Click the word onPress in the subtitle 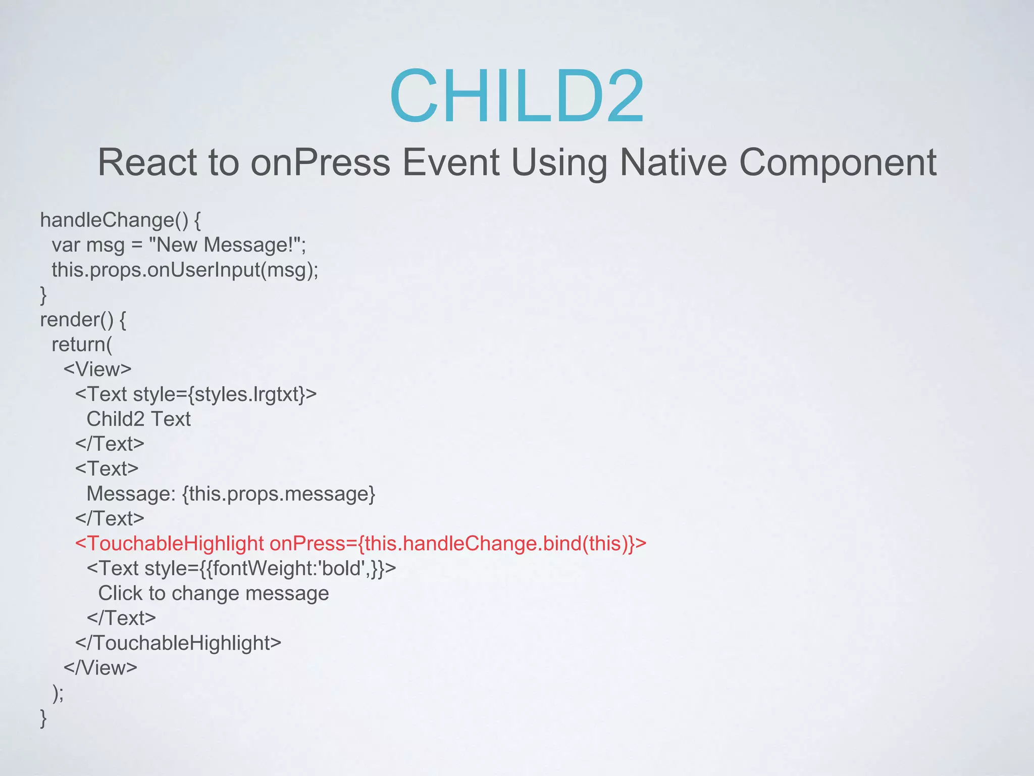[x=321, y=163]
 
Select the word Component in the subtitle [x=838, y=163]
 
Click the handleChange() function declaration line [x=120, y=220]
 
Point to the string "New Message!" [x=227, y=245]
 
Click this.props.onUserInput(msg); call [x=185, y=270]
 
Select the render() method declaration [x=83, y=320]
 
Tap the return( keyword [x=82, y=345]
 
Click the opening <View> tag [x=97, y=369]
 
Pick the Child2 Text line [x=138, y=419]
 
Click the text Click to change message [x=213, y=593]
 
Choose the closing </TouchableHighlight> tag [x=178, y=643]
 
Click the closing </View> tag [x=100, y=668]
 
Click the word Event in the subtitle [x=450, y=163]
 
